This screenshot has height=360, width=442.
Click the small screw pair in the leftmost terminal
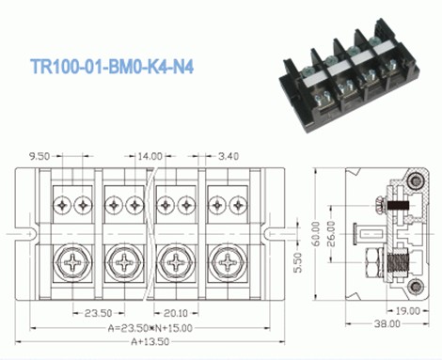coord(71,203)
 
